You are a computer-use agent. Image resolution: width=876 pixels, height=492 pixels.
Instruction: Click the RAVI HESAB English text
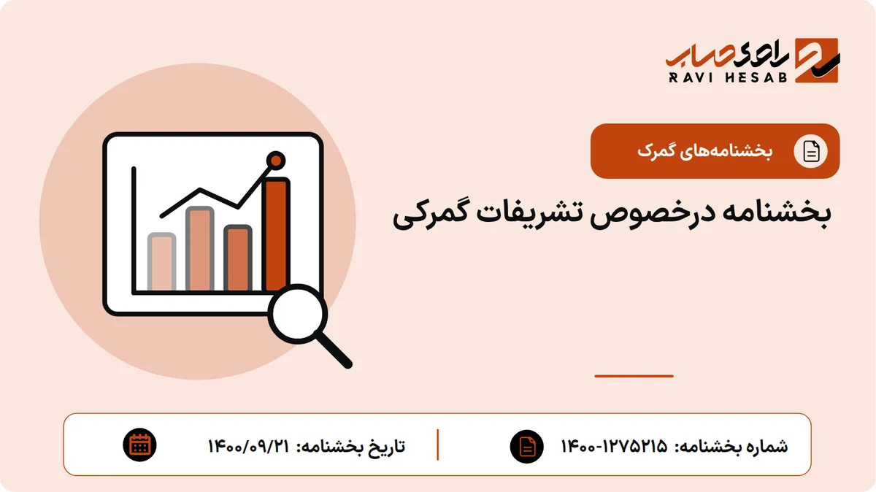pos(728,77)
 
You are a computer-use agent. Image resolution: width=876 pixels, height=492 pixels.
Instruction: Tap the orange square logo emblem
pos(817,61)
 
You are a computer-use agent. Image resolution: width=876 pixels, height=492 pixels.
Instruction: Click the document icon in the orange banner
pos(811,151)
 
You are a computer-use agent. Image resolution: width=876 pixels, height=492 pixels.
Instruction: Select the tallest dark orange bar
pos(276,234)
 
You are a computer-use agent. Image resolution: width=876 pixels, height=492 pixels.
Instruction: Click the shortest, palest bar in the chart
pos(161,262)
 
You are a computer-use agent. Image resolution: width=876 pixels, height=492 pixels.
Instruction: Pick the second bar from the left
pos(200,249)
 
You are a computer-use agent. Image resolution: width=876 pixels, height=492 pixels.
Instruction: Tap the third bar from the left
pos(238,258)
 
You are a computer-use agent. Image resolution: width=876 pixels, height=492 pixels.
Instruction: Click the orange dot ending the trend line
pos(276,161)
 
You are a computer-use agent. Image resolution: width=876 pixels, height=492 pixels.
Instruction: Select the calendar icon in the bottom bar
pos(139,445)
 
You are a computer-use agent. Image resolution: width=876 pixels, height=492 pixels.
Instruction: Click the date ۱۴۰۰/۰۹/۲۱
pos(249,446)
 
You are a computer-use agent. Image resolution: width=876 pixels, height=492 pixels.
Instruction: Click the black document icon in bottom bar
pos(527,446)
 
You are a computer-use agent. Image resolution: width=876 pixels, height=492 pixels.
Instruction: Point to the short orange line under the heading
pos(634,376)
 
